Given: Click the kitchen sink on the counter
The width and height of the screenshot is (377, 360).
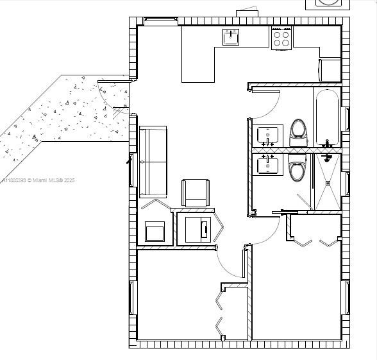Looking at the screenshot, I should [231, 37].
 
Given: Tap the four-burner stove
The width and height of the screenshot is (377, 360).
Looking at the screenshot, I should [281, 39].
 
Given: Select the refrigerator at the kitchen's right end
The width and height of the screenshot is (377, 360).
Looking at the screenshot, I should [330, 70].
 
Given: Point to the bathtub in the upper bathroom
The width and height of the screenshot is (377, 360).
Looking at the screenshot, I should [327, 116].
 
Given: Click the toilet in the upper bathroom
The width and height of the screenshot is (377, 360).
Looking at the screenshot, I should [298, 130].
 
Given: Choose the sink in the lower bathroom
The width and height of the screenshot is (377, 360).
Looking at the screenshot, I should [268, 165].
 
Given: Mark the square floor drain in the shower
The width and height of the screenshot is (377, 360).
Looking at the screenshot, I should [328, 183].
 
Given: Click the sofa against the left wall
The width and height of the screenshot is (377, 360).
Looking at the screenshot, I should [153, 161].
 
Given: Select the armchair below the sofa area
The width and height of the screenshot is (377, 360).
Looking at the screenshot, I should [196, 193].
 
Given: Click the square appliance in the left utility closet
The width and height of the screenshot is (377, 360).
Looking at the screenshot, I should [155, 231].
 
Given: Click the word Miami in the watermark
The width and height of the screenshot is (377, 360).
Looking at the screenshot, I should [41, 181].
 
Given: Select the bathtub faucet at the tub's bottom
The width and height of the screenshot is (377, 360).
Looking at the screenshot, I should [327, 143].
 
